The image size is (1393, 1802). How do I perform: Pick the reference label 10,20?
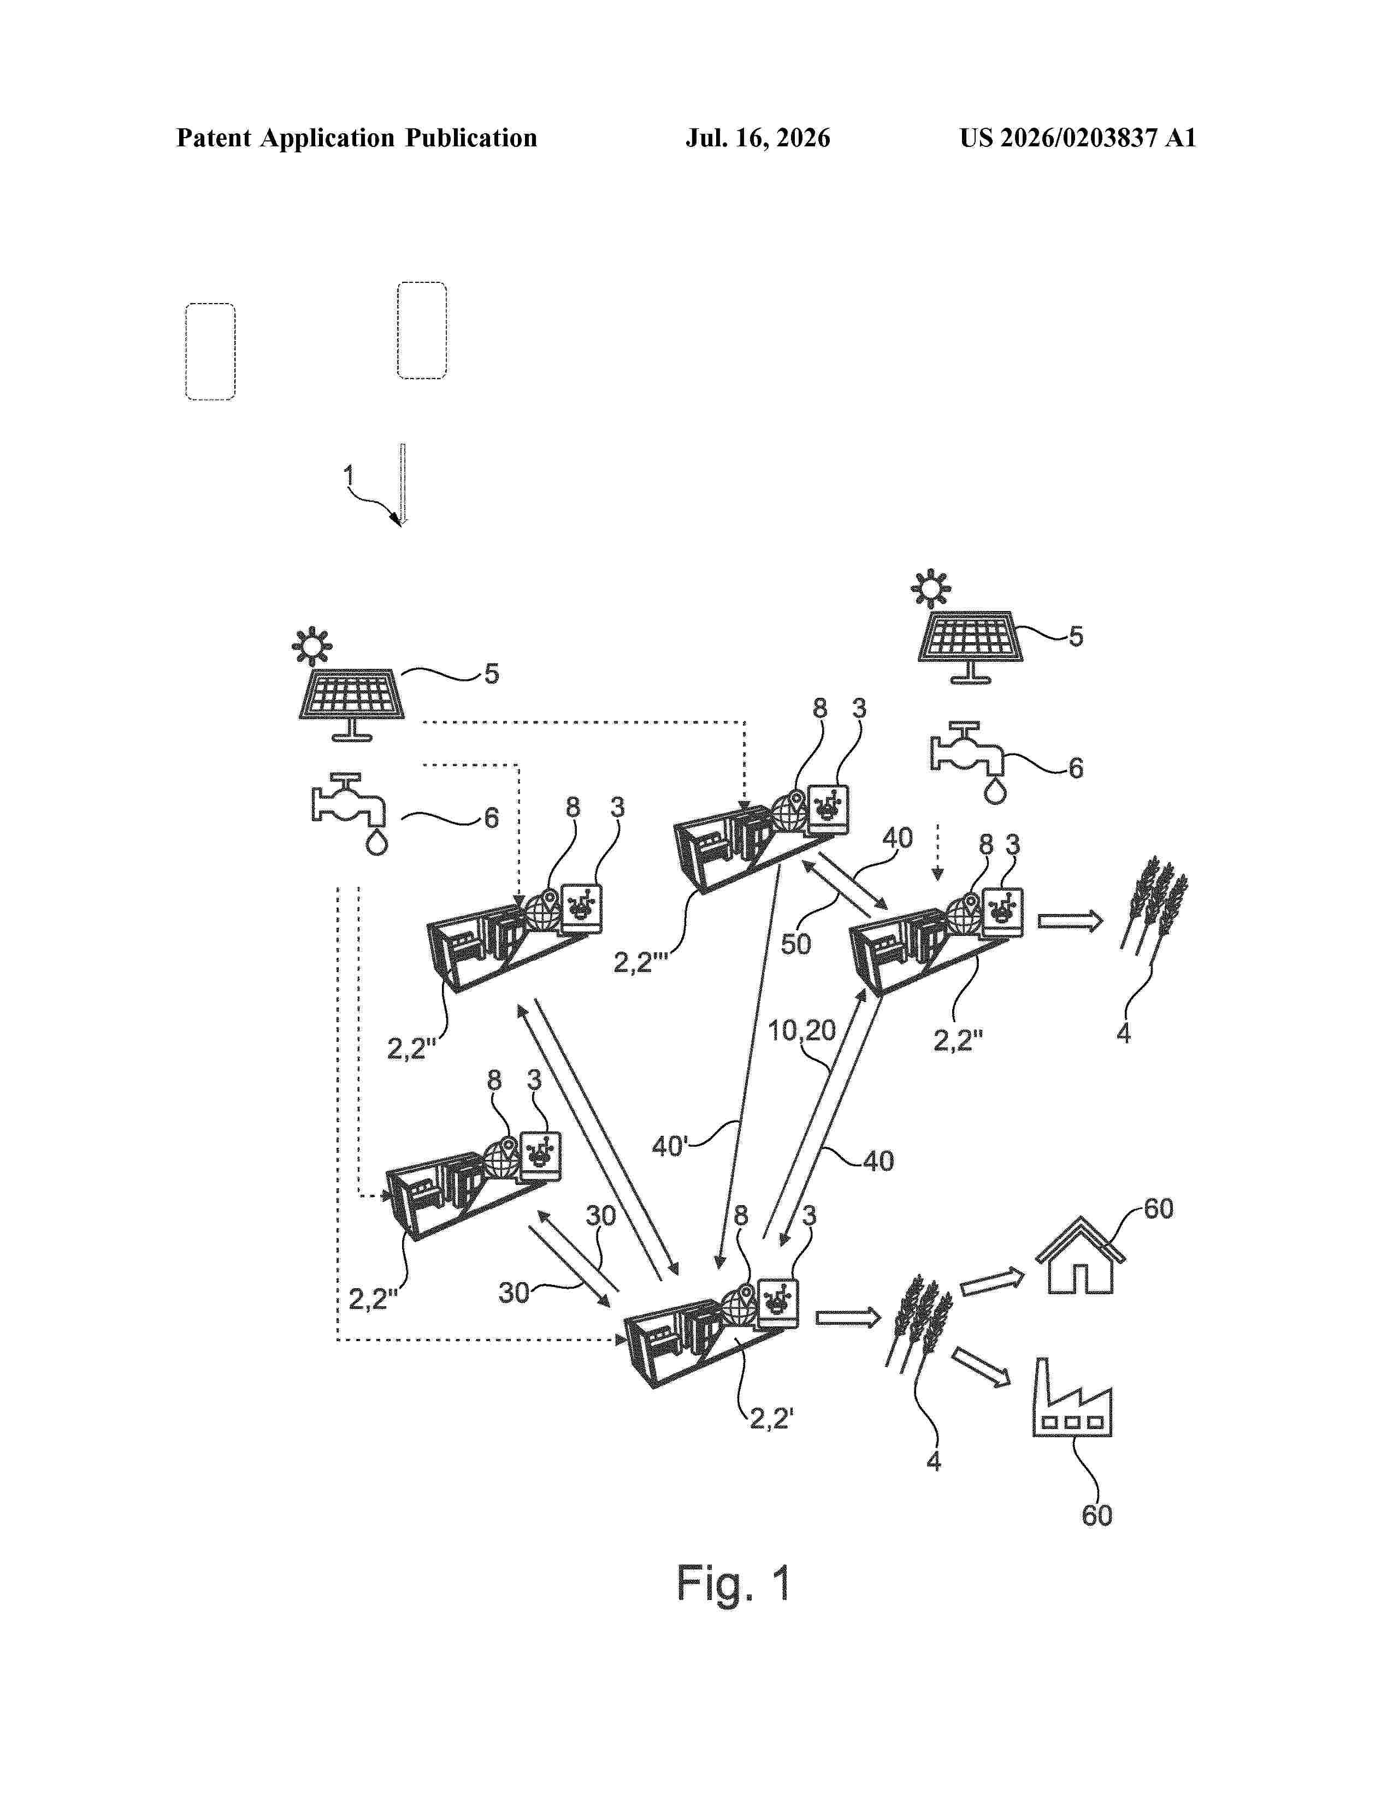point(801,1030)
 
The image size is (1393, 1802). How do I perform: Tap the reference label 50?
point(795,944)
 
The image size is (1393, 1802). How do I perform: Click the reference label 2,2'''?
point(640,963)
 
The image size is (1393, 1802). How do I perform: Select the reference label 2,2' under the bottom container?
point(771,1418)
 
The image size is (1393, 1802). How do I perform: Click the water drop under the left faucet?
point(376,843)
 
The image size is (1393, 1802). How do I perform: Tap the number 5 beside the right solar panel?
point(1076,636)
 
